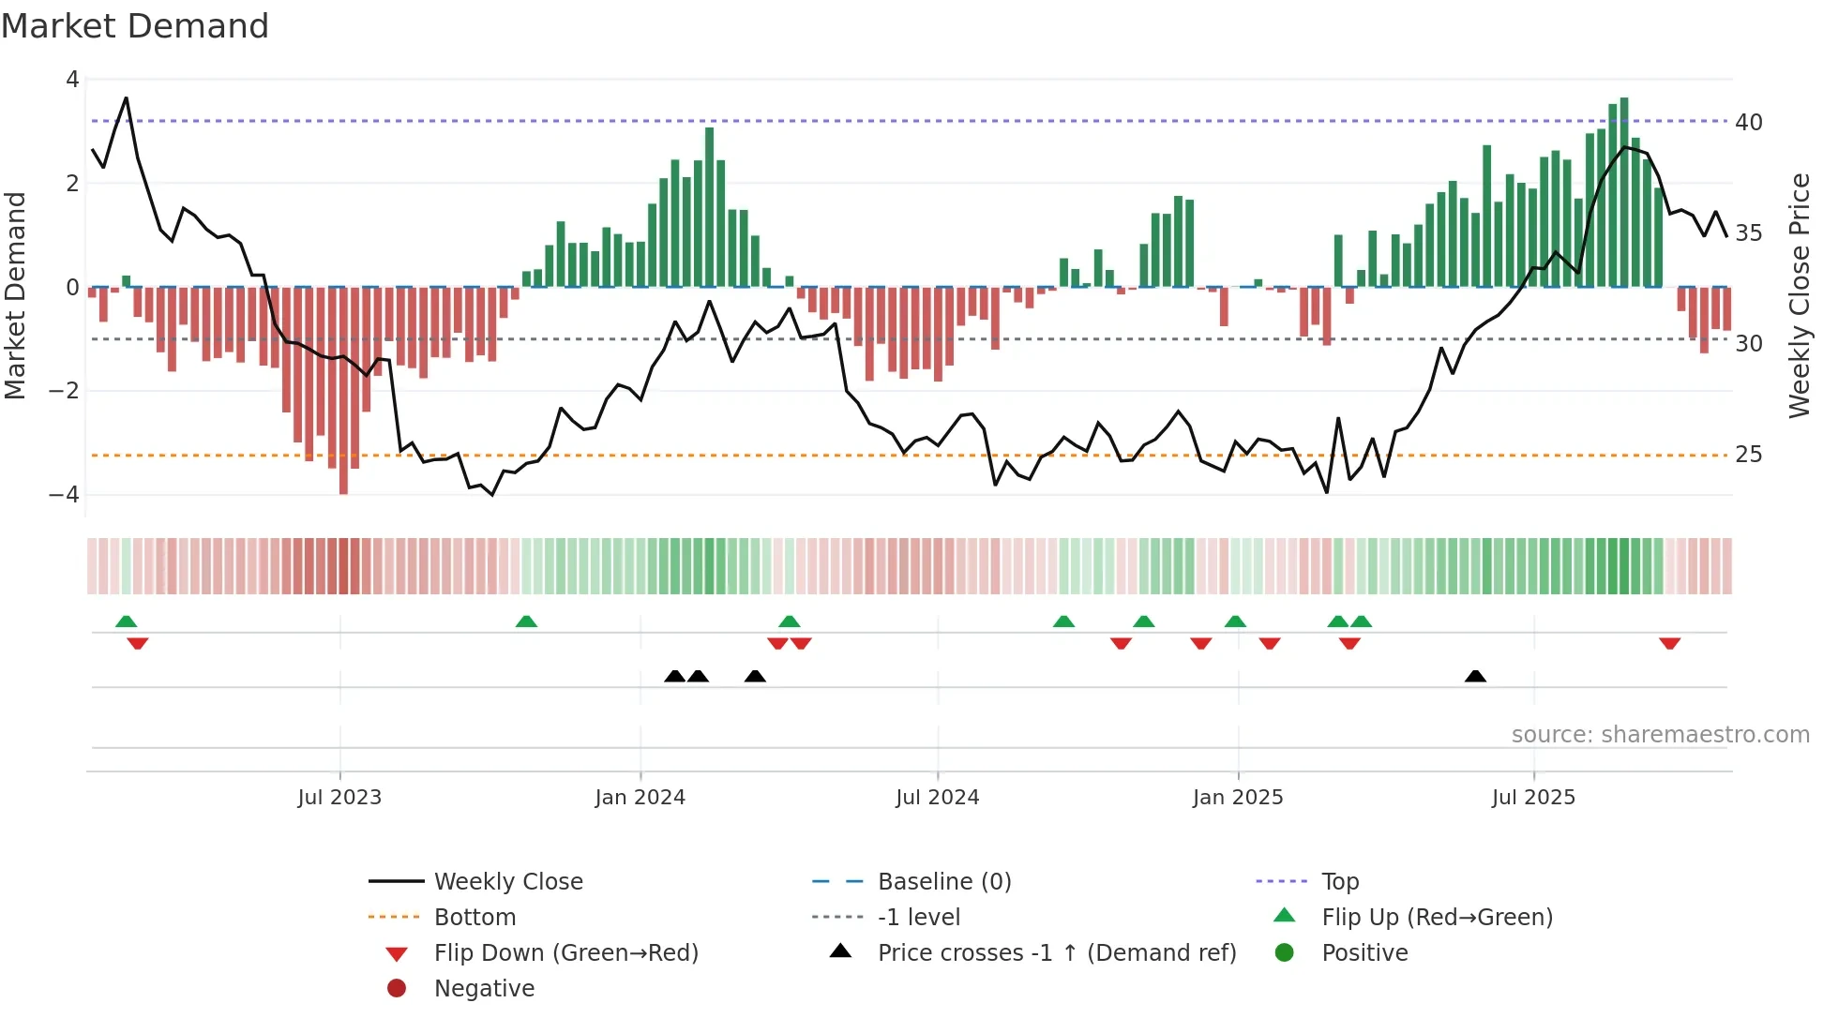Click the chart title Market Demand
click(135, 26)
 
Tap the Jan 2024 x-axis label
click(640, 798)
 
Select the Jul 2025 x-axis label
click(1533, 798)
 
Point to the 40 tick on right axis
click(1748, 123)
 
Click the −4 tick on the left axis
click(65, 494)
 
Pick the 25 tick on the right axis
click(1748, 455)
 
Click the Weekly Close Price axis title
click(1799, 295)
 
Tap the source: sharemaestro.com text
click(1660, 735)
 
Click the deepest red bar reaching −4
click(343, 394)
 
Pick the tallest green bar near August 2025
click(1624, 192)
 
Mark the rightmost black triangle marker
click(1475, 676)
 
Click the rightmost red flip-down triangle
click(1669, 643)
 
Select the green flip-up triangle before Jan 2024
click(526, 621)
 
